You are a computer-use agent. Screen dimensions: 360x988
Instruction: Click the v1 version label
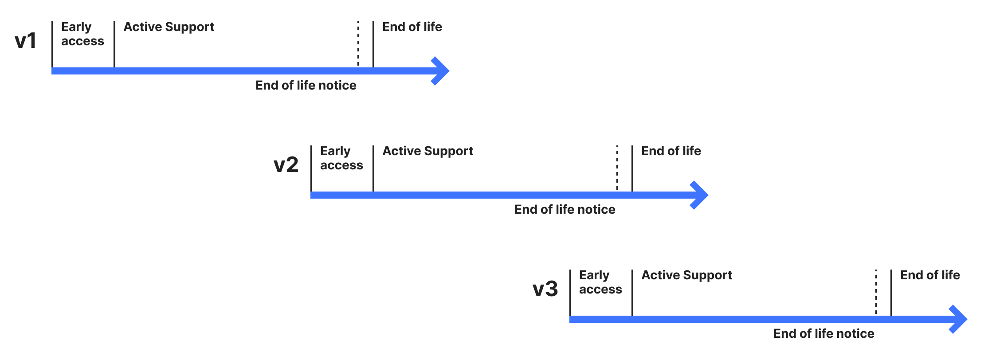[x=25, y=41]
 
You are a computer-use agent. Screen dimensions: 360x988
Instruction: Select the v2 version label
[x=286, y=165]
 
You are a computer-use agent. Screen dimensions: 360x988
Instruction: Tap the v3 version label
[x=545, y=289]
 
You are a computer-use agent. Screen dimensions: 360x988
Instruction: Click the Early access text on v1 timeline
[x=82, y=34]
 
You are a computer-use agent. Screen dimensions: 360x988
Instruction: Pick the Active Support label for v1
[x=169, y=27]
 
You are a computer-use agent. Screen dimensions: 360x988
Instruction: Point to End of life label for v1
[x=412, y=27]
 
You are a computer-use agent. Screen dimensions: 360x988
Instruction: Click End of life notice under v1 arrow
[x=306, y=85]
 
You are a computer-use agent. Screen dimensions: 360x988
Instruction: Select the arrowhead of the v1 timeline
[x=442, y=71]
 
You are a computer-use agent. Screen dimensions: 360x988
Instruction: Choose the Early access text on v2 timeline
[x=341, y=158]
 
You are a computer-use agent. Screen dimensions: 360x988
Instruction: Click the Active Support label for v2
[x=427, y=151]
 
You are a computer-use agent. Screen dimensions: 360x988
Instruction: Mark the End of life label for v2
[x=671, y=151]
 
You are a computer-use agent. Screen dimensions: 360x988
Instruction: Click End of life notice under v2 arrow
[x=565, y=209]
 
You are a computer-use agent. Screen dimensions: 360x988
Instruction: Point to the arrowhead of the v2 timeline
[x=701, y=195]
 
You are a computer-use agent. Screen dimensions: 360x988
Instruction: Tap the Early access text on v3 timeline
[x=600, y=282]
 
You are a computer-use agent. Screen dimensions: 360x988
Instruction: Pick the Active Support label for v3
[x=686, y=275]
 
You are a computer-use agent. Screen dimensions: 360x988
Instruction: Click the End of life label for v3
[x=930, y=275]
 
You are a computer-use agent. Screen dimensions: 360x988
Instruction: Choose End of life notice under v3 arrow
[x=823, y=333]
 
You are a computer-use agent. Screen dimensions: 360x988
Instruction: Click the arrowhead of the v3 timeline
[x=960, y=319]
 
